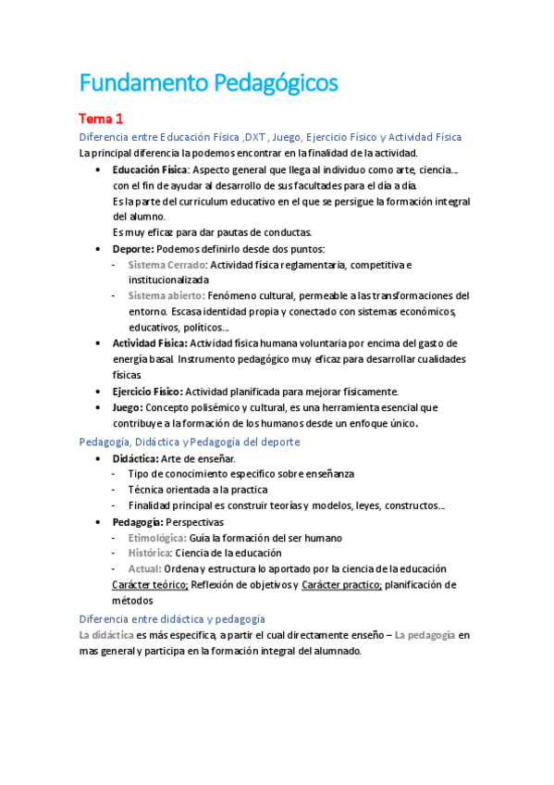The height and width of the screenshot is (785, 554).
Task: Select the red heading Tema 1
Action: point(101,118)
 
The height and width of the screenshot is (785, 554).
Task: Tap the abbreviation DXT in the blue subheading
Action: point(246,137)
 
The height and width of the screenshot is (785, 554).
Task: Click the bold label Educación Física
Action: point(150,169)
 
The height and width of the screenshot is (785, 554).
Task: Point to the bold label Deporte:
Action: point(133,248)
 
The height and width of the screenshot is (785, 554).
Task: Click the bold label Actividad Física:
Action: point(149,343)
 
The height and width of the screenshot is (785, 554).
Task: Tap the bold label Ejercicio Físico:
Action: point(148,391)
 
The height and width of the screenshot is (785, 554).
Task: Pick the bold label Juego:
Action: point(128,407)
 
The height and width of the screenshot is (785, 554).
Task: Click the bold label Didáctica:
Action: point(135,458)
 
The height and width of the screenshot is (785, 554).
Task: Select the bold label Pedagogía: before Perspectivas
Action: point(137,522)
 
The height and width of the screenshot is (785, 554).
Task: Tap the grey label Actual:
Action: point(144,568)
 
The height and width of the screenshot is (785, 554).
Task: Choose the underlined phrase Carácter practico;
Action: point(340,585)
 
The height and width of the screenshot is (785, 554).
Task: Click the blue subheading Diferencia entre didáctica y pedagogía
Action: point(172,618)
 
